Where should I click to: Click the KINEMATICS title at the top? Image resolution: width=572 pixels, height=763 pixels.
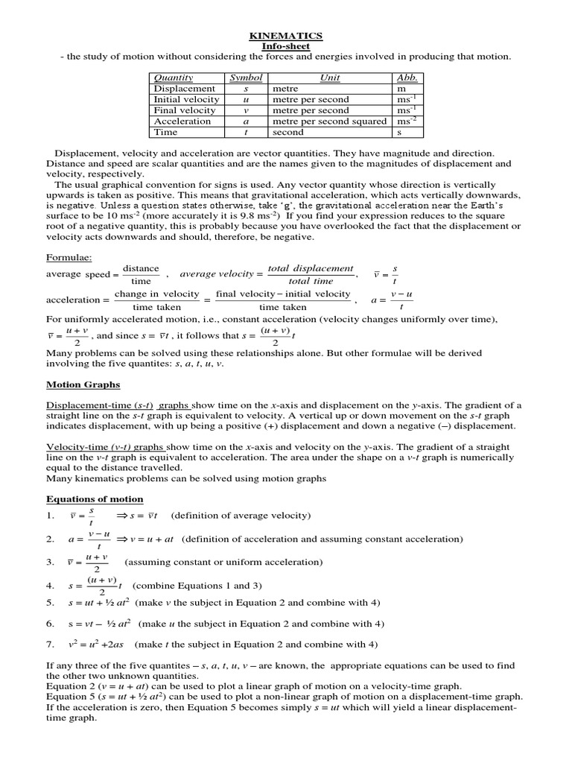tap(286, 35)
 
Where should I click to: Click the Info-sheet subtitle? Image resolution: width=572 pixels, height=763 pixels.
tap(286, 45)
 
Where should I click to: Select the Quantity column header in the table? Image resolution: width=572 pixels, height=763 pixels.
tap(173, 77)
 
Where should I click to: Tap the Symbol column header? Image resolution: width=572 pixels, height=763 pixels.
tap(246, 77)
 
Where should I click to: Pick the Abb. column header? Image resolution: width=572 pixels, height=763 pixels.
tap(407, 77)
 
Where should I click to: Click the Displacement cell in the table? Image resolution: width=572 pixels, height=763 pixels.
tap(184, 89)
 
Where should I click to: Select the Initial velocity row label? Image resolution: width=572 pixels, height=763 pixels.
tap(186, 99)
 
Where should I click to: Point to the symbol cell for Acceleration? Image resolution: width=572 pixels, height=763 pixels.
tap(246, 121)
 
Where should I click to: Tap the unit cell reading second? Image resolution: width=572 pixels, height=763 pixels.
tap(288, 132)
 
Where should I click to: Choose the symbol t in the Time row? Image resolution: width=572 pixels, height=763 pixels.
tap(246, 132)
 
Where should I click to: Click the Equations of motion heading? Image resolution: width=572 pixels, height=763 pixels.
tap(95, 498)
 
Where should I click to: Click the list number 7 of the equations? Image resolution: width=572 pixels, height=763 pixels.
tap(50, 644)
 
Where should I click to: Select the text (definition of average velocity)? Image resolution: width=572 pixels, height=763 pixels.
tap(241, 516)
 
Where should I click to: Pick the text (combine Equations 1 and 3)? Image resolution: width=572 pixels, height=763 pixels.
tap(197, 586)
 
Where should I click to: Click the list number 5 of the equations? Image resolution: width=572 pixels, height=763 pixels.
tap(50, 602)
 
